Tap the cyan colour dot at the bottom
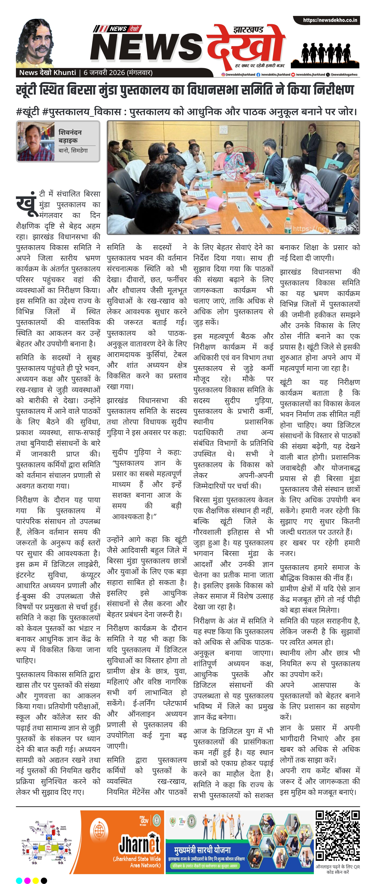pyautogui.click(x=19, y=880)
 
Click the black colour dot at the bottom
pyautogui.click(x=44, y=880)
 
